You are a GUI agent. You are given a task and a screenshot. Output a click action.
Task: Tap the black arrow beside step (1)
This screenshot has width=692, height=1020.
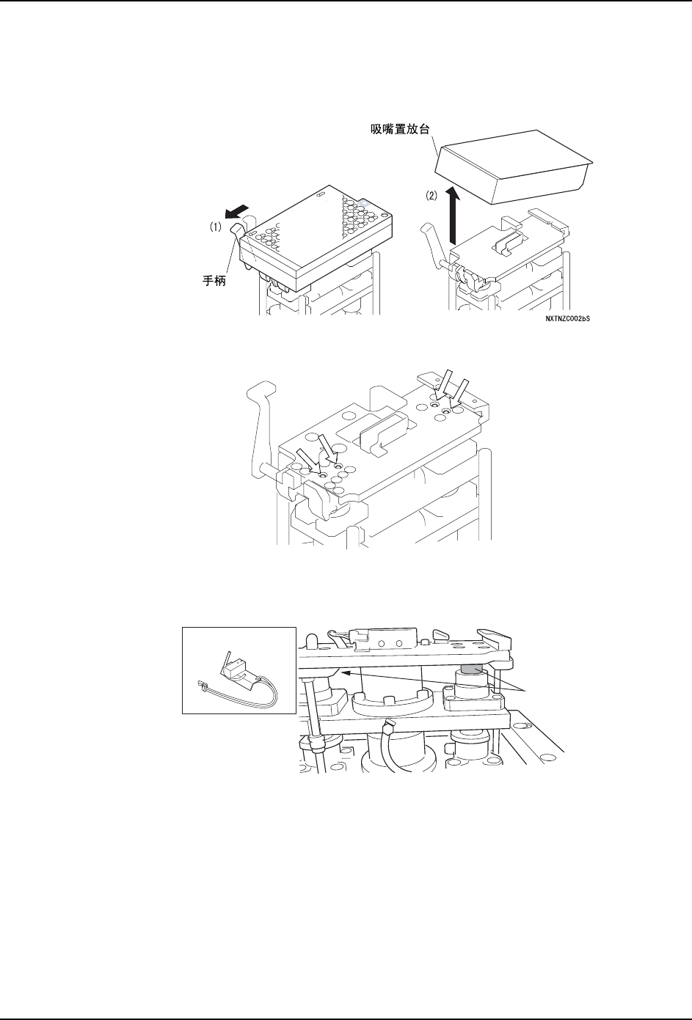[236, 213]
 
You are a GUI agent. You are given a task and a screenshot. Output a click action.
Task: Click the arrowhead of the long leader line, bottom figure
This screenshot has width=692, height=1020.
[343, 672]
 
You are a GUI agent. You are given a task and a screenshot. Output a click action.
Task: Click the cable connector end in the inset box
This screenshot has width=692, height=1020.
[202, 686]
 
